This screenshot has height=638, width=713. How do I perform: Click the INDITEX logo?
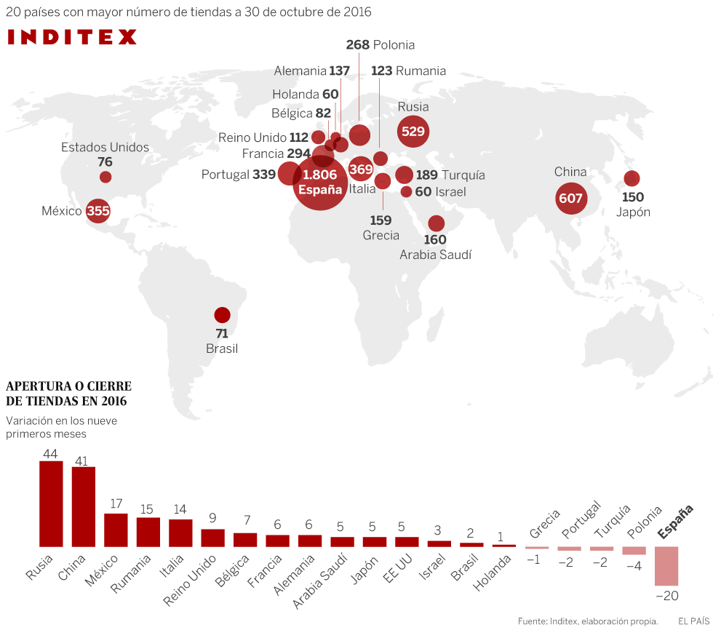pyautogui.click(x=72, y=37)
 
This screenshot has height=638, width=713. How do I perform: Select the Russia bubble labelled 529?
pyautogui.click(x=413, y=132)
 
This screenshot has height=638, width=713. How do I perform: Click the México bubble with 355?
pyautogui.click(x=98, y=212)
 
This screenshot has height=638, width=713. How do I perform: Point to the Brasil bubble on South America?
pyautogui.click(x=222, y=315)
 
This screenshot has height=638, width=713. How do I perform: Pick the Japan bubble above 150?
pyautogui.click(x=632, y=178)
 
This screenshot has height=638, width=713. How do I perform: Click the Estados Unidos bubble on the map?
pyautogui.click(x=105, y=177)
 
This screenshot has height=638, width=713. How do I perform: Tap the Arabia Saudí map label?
pyautogui.click(x=436, y=255)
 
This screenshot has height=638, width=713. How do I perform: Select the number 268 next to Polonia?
pyautogui.click(x=358, y=45)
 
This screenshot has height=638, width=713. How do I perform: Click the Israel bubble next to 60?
pyautogui.click(x=406, y=192)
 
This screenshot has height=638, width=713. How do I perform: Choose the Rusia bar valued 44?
pyautogui.click(x=51, y=503)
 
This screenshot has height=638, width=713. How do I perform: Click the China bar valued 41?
pyautogui.click(x=84, y=506)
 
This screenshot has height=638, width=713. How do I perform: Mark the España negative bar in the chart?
pyautogui.click(x=666, y=566)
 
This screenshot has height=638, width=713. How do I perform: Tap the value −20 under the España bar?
pyautogui.click(x=666, y=596)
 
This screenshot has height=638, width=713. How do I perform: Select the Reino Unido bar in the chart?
pyautogui.click(x=212, y=538)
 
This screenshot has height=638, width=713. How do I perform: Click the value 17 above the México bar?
pyautogui.click(x=116, y=503)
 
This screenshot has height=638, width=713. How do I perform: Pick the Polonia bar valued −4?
pyautogui.click(x=634, y=551)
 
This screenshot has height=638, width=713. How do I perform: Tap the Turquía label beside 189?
pyautogui.click(x=463, y=175)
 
